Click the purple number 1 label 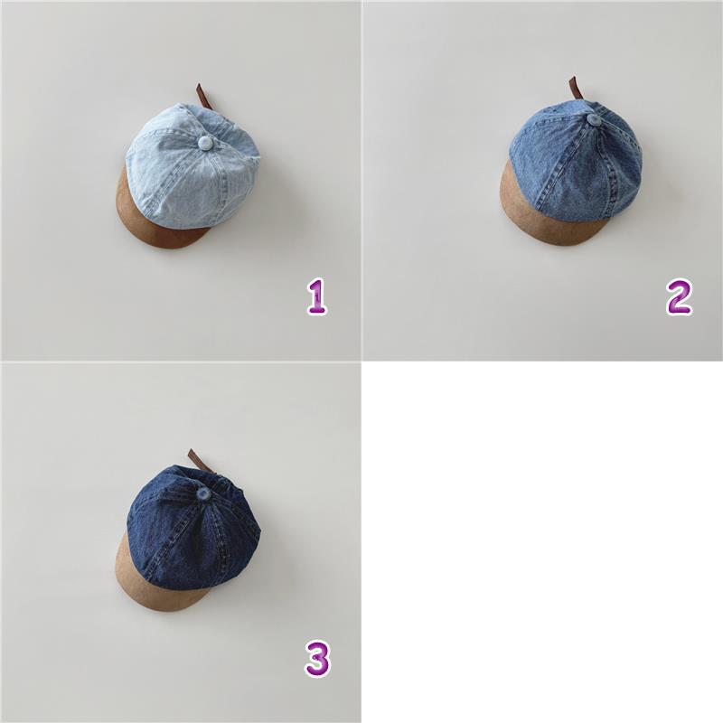317,297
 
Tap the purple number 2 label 680,297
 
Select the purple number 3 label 317,660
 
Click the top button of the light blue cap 204,143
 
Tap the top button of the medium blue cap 595,121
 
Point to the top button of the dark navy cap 203,494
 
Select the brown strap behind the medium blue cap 577,89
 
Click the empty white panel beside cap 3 542,542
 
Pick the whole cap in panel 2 571,162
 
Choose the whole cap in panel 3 188,530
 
